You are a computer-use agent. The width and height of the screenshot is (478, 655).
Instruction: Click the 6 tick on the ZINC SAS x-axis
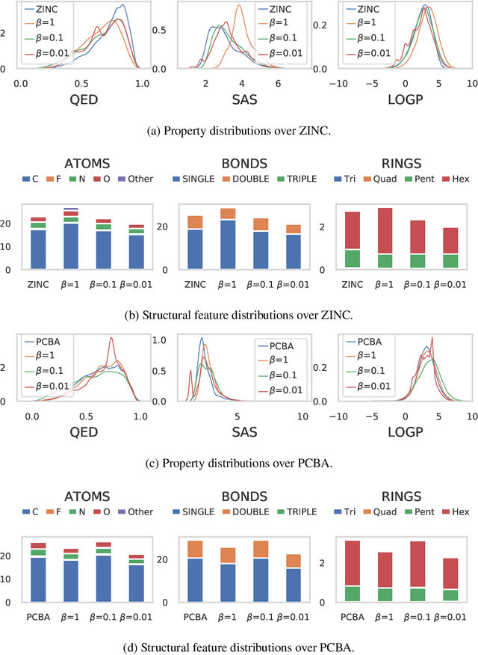(278, 84)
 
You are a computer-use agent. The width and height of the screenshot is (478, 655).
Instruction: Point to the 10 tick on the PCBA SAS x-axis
(302, 416)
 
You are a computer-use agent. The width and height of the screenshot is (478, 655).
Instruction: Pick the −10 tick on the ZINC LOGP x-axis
(338, 84)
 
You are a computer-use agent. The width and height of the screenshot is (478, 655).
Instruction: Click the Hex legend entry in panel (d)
(456, 511)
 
